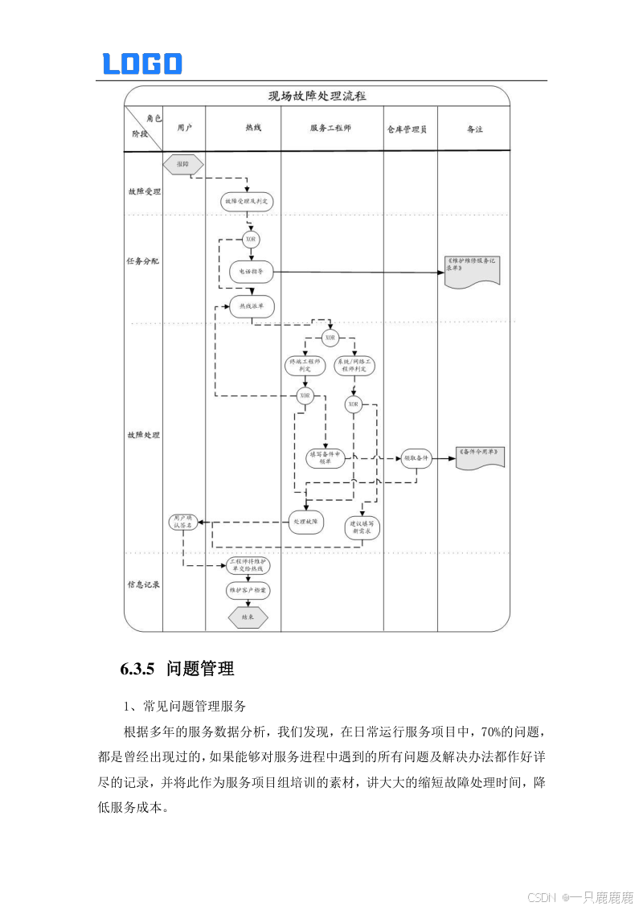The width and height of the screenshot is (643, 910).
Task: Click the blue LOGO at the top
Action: (142, 64)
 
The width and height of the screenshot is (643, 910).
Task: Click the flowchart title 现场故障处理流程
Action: (317, 96)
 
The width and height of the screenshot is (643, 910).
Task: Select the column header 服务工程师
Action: (330, 129)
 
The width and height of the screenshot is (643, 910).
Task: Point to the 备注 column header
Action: (475, 129)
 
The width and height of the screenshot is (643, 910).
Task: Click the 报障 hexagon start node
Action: (182, 164)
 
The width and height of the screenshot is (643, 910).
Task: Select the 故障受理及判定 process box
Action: (247, 202)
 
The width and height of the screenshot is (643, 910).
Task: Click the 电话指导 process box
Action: (252, 272)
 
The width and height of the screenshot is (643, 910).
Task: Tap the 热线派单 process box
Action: (252, 306)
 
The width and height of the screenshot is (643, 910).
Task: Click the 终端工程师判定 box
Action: (305, 366)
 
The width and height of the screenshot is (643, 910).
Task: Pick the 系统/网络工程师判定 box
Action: (354, 366)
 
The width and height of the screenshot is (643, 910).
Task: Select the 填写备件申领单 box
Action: (326, 458)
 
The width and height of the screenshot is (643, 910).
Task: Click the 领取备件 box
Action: (416, 458)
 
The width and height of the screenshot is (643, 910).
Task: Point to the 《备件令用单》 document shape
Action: (480, 455)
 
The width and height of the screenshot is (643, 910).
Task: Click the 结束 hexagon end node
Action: (248, 617)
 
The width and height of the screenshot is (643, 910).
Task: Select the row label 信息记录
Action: (143, 584)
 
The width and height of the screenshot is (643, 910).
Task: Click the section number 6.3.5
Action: (137, 669)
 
